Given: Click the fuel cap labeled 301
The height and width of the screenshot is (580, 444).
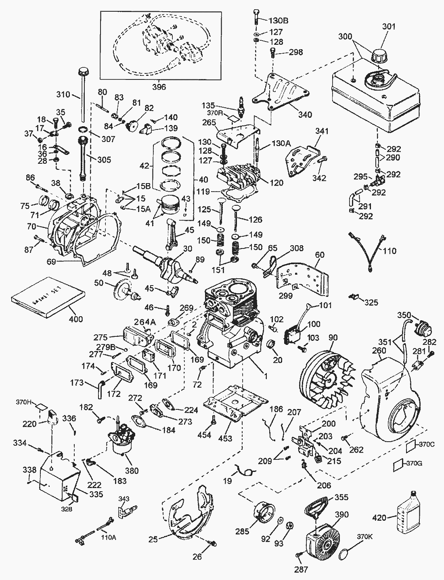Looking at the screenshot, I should pyautogui.click(x=381, y=55).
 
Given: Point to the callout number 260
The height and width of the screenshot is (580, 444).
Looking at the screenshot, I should pyautogui.click(x=379, y=351).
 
